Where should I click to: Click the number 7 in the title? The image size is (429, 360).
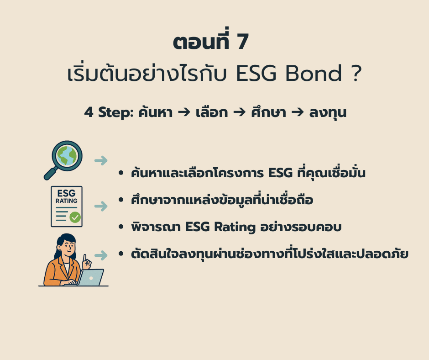pyautogui.click(x=242, y=42)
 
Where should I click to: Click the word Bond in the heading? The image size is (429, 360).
pyautogui.click(x=314, y=73)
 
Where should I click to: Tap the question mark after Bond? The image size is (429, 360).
pyautogui.click(x=356, y=73)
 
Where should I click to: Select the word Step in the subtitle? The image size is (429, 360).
pyautogui.click(x=115, y=112)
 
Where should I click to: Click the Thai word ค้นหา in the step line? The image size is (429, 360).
pyautogui.click(x=156, y=112)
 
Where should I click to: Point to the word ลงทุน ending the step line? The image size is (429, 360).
pyautogui.click(x=328, y=112)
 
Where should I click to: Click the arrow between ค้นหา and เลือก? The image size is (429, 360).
pyautogui.click(x=184, y=112)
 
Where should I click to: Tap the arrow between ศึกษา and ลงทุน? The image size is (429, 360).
pyautogui.click(x=298, y=112)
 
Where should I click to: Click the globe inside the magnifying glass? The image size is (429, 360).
pyautogui.click(x=67, y=156)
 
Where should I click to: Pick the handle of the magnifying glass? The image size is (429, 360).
pyautogui.click(x=51, y=174)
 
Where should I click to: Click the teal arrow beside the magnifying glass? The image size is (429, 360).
pyautogui.click(x=101, y=160)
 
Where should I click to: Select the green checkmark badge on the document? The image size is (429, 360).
pyautogui.click(x=75, y=217)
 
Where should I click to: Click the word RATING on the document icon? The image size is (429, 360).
pyautogui.click(x=67, y=201)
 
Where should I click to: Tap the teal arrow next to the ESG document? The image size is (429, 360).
pyautogui.click(x=101, y=206)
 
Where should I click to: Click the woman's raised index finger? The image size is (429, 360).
pyautogui.click(x=85, y=258)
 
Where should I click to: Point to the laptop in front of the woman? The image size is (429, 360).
pyautogui.click(x=90, y=277)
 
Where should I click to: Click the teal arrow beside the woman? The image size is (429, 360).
pyautogui.click(x=101, y=255)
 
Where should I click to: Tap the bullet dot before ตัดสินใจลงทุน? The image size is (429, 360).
pyautogui.click(x=121, y=254)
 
